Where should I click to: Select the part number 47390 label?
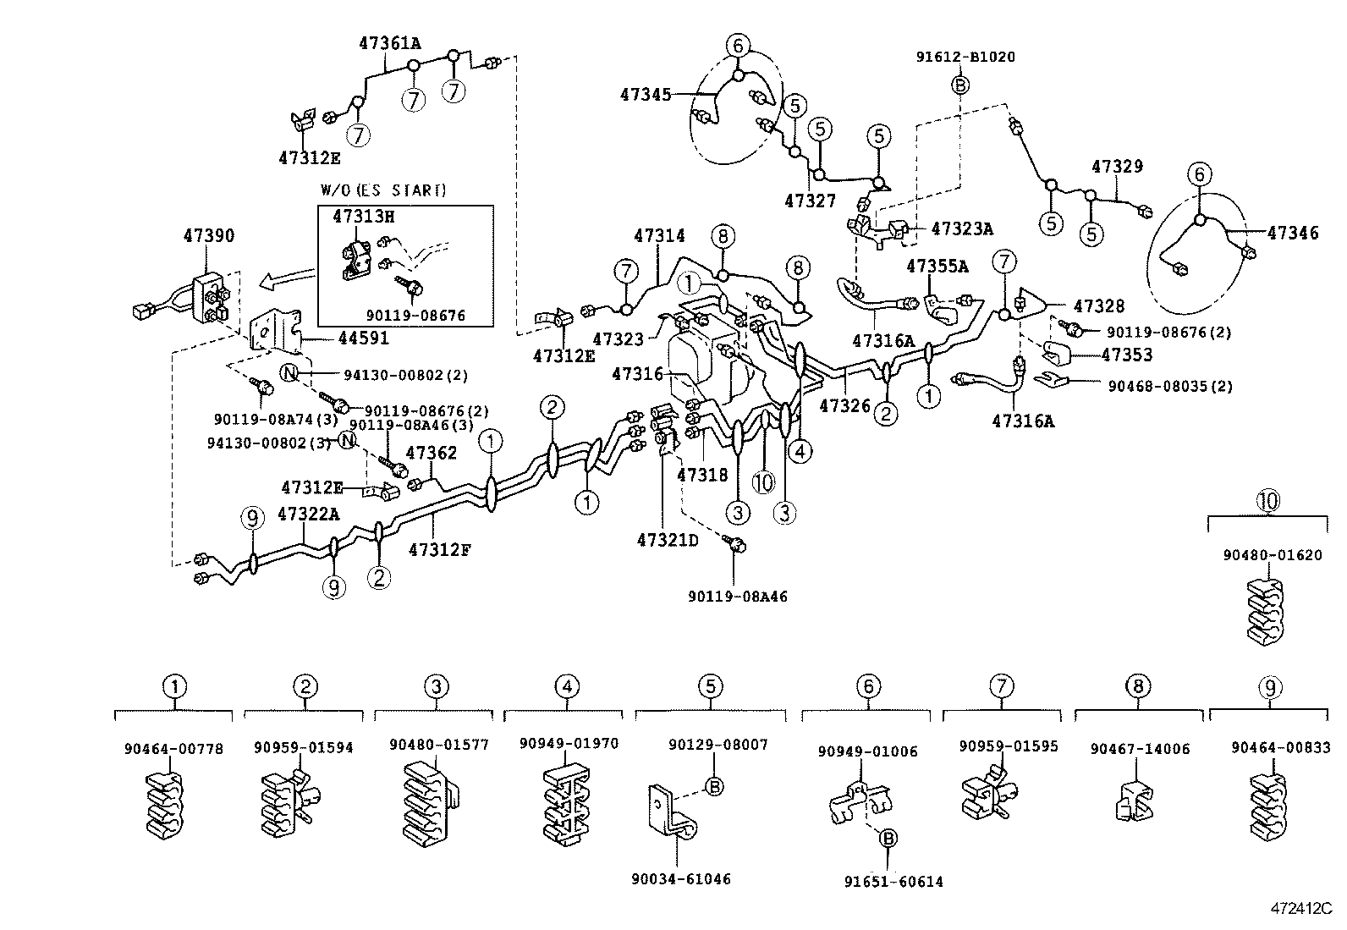point(209,235)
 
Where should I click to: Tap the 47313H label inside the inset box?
point(363,217)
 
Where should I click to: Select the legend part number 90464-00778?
point(173,748)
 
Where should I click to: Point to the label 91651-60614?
point(893,881)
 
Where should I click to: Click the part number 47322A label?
point(308,514)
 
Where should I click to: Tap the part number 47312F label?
point(439,550)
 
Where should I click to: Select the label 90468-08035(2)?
point(1169,386)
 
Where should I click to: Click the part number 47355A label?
point(937,266)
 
